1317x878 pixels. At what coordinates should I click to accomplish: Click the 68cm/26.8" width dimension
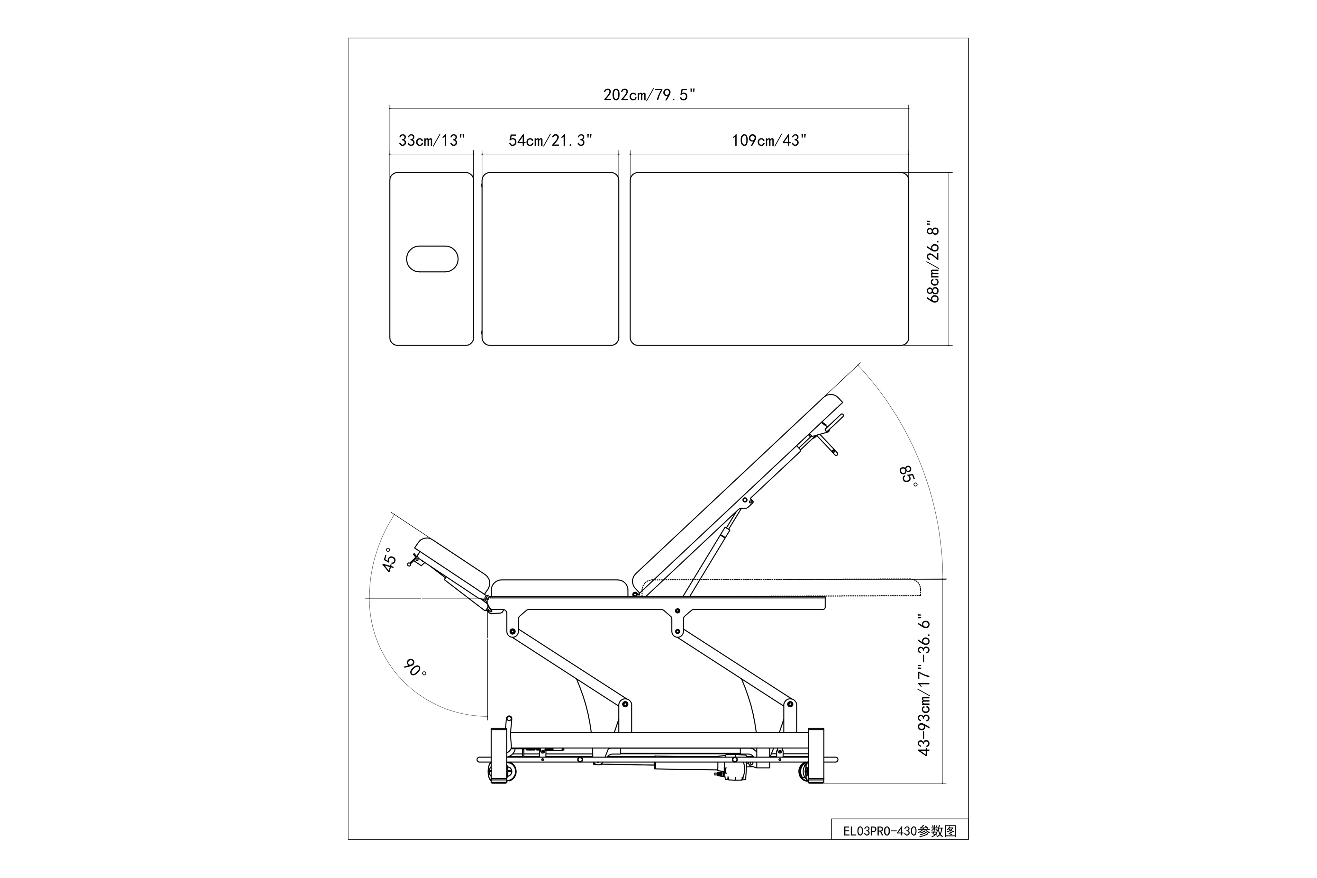pyautogui.click(x=933, y=261)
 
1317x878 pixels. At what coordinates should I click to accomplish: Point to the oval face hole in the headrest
pyautogui.click(x=432, y=259)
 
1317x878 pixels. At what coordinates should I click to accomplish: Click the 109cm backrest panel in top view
pyautogui.click(x=769, y=259)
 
